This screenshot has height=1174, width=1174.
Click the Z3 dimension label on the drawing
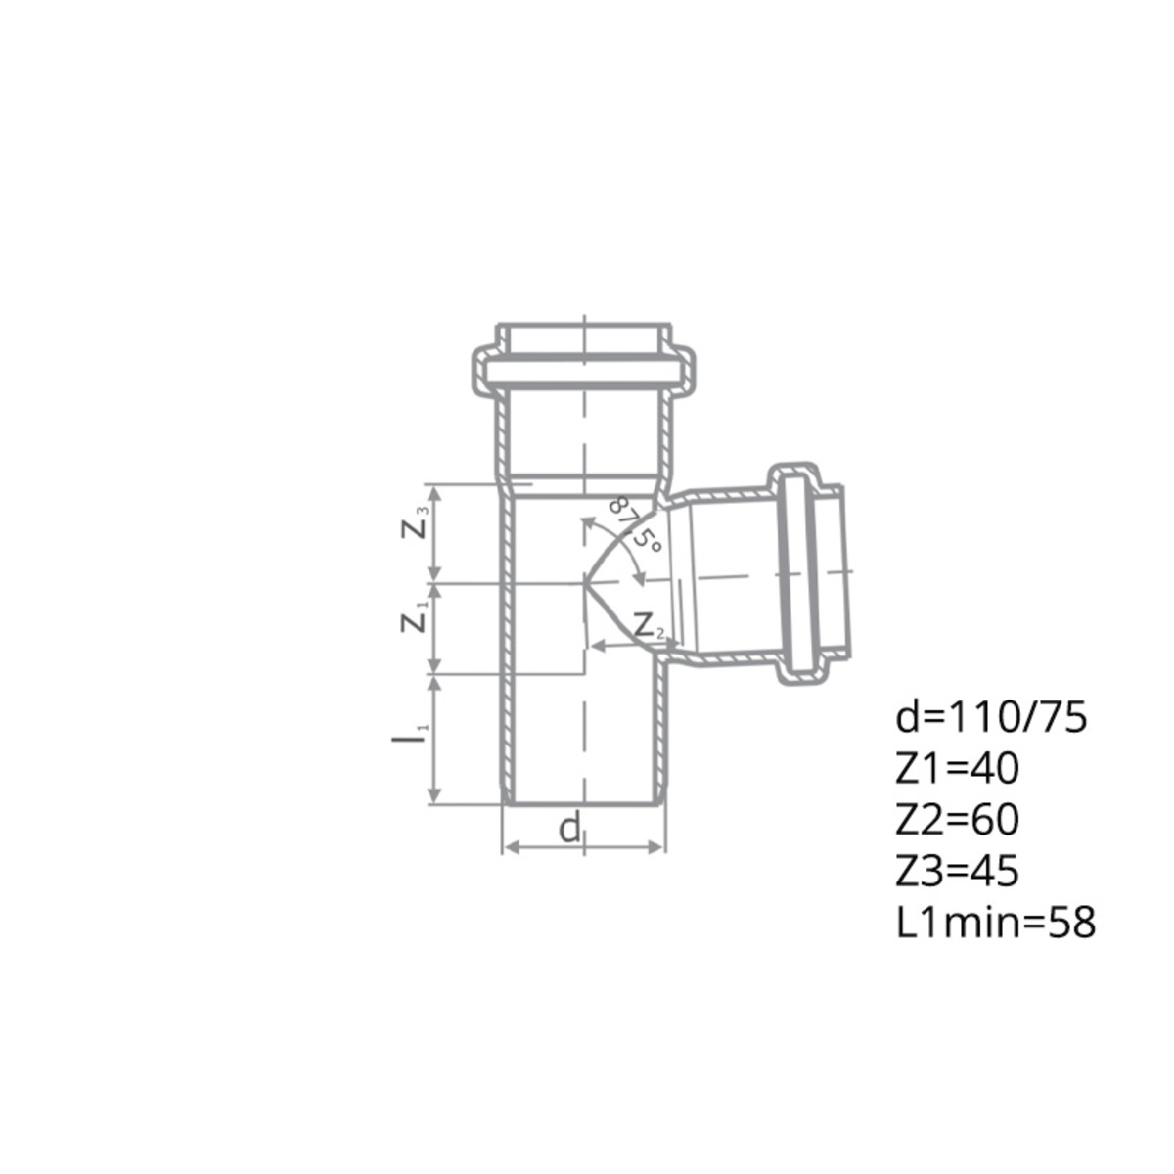(x=416, y=523)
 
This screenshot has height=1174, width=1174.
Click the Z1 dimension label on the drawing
(x=415, y=617)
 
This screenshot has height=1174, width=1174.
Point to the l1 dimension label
(x=406, y=736)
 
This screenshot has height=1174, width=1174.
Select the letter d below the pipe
(x=569, y=829)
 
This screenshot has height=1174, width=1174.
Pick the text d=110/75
(x=991, y=719)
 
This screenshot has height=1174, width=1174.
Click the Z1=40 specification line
(x=958, y=770)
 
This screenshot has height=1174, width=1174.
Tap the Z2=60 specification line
(x=958, y=820)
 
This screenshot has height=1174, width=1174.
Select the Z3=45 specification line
(x=957, y=872)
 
